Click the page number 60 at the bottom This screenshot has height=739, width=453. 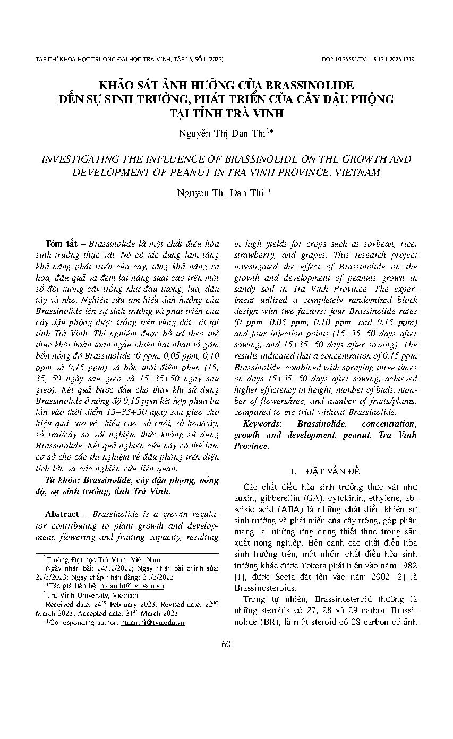point(226,644)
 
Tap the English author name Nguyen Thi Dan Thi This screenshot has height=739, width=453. point(226,193)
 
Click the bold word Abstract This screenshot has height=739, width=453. point(62,514)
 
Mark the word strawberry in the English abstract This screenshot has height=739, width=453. point(257,254)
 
